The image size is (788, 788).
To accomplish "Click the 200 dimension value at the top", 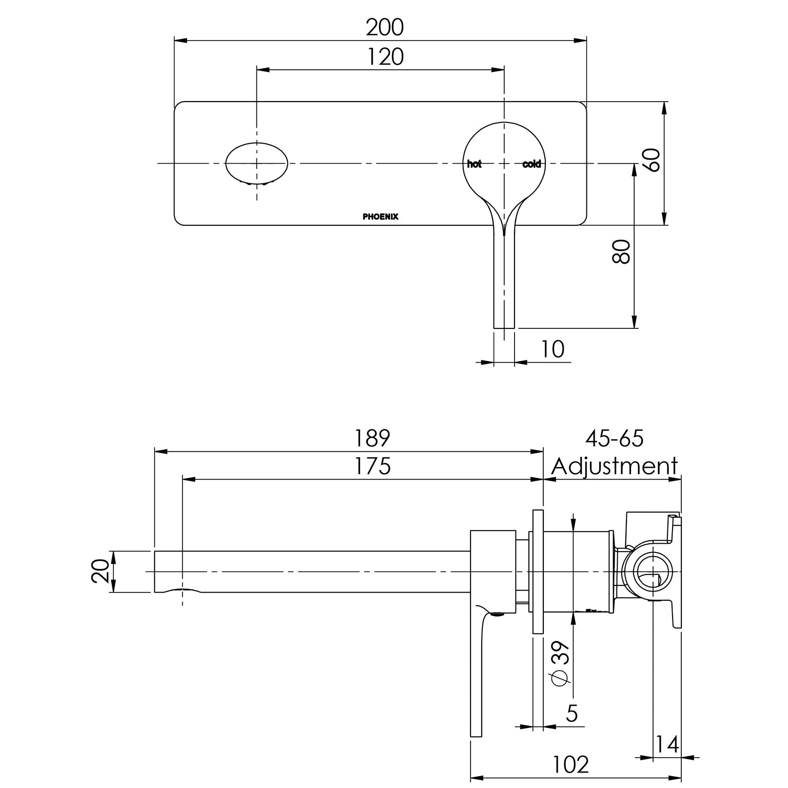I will (384, 28).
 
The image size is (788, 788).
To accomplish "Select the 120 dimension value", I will (385, 57).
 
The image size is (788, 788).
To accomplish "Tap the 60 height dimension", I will (651, 160).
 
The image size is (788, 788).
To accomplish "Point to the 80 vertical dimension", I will (622, 251).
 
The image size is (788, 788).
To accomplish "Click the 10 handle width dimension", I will (553, 349).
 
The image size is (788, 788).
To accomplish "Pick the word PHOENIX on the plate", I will (380, 217).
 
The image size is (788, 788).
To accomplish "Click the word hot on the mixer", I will (474, 164).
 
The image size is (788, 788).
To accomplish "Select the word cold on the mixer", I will (531, 164).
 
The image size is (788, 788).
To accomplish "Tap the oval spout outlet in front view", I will (257, 163).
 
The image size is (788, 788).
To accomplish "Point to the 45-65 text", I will (614, 439).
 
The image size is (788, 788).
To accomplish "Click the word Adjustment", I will (614, 466).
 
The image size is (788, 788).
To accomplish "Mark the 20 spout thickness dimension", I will (101, 571).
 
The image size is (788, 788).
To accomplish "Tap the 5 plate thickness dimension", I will (572, 713).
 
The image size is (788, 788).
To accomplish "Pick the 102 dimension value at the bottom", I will (570, 765).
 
